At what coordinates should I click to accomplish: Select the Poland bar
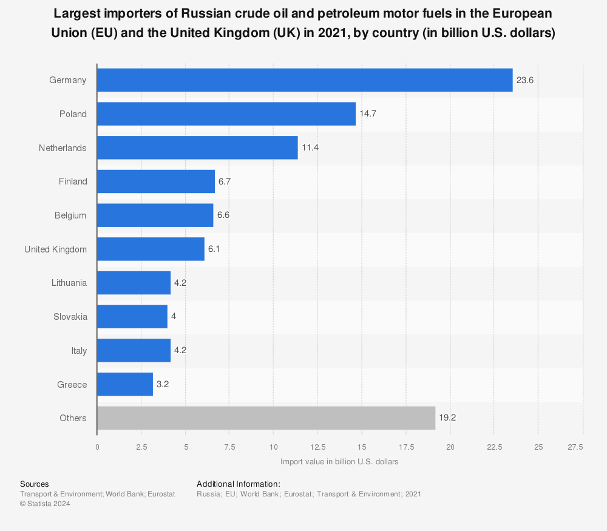[x=226, y=114]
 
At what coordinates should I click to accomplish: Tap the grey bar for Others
[x=266, y=418]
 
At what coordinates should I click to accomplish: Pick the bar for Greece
[x=125, y=385]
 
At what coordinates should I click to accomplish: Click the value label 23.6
[x=525, y=80]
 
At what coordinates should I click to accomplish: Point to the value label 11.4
[x=310, y=148]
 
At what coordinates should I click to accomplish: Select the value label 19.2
[x=448, y=418]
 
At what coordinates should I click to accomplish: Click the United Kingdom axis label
[x=55, y=249]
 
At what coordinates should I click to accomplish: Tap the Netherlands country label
[x=63, y=148]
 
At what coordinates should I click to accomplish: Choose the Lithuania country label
[x=69, y=283]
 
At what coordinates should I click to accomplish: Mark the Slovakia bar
[x=132, y=317]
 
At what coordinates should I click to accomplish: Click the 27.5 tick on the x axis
[x=575, y=447]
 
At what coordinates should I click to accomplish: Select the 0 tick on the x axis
[x=97, y=447]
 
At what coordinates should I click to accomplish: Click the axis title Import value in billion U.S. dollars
[x=339, y=462]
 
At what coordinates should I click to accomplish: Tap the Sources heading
[x=34, y=484]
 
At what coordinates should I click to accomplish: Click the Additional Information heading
[x=238, y=484]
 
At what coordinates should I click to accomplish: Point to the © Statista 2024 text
[x=45, y=504]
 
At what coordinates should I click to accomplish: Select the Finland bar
[x=156, y=181]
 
